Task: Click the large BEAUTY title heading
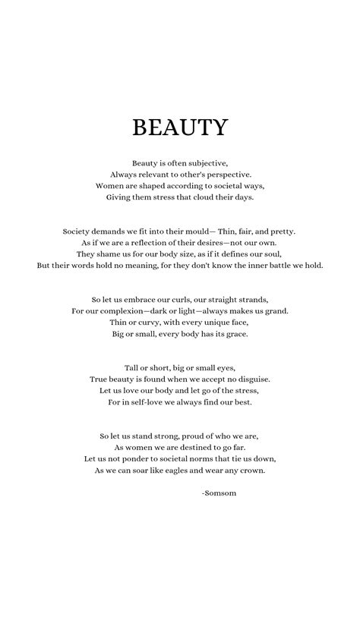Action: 179,127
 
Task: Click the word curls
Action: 201,300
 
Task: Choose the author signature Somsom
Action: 221,493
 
